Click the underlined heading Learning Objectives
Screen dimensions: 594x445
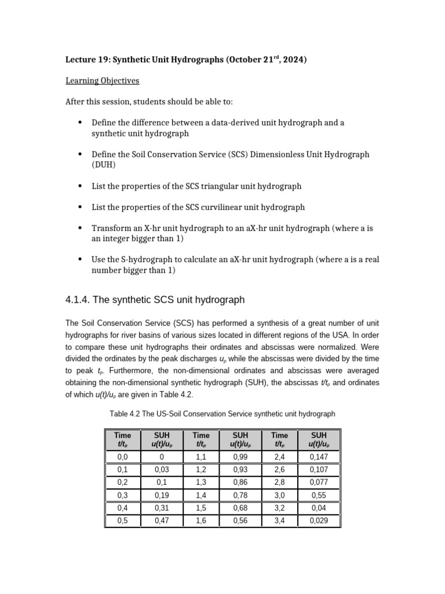(102, 81)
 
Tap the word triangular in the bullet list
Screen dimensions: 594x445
(227, 186)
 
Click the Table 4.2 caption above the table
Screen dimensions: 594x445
(222, 414)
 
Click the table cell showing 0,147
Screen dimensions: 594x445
(319, 457)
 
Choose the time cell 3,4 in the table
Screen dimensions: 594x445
(279, 521)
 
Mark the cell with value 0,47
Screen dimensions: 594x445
(162, 521)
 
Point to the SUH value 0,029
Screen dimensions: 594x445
(319, 521)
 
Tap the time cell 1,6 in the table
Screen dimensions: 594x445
(201, 521)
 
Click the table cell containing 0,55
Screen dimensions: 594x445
(319, 495)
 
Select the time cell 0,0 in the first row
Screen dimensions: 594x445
(122, 457)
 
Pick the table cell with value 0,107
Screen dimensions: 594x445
(319, 470)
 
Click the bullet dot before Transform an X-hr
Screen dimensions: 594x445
(79, 228)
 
